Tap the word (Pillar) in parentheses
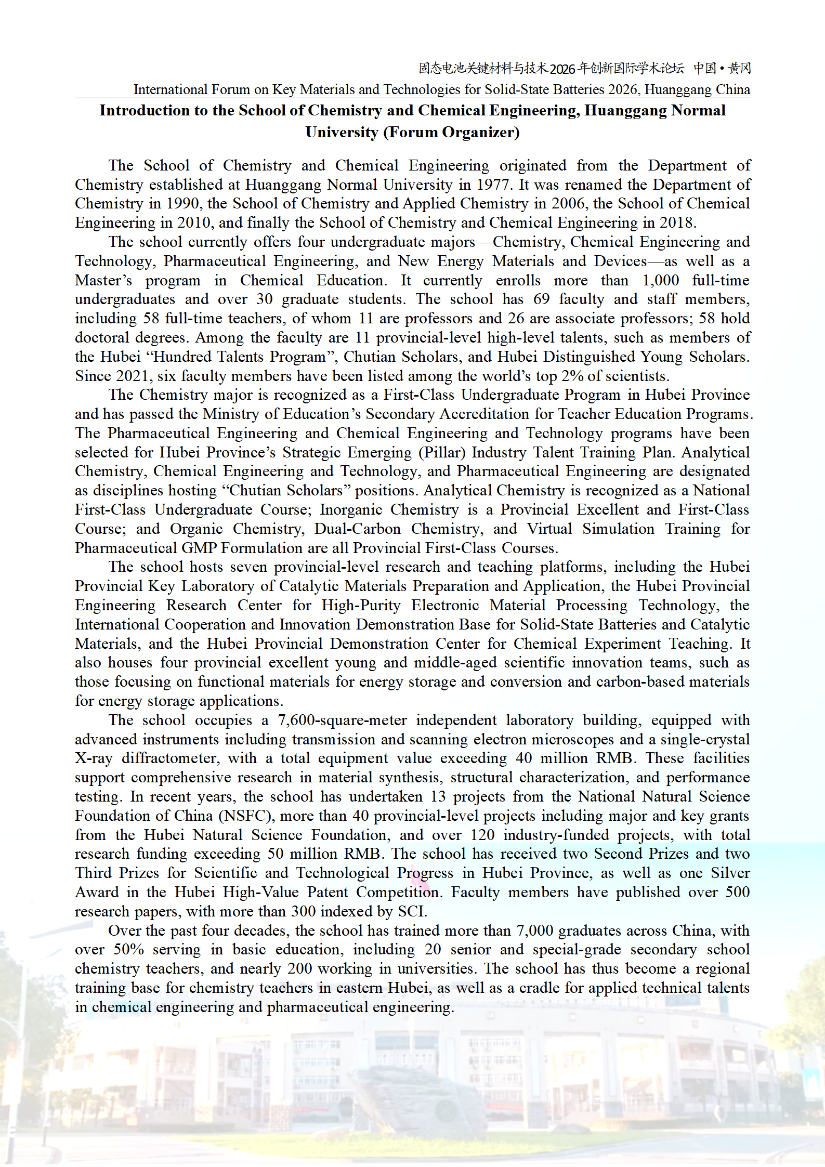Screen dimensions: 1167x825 coord(442,452)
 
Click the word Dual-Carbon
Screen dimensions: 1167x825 coord(357,529)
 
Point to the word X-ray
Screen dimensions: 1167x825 coord(94,758)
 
